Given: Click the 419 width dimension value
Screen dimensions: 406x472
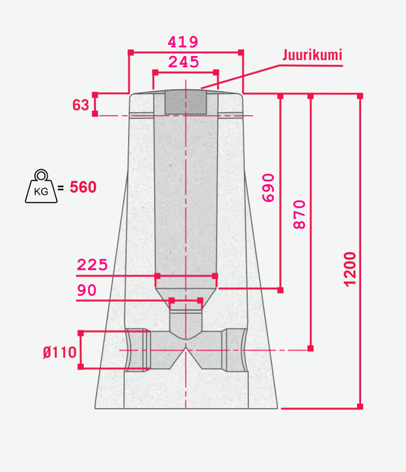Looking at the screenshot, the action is click(183, 42).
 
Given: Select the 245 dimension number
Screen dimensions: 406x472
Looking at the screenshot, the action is click(184, 62).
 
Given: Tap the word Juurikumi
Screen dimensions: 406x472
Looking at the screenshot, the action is click(312, 55).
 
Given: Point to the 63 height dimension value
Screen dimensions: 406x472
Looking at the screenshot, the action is click(81, 105).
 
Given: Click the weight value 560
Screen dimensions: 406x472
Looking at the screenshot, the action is click(83, 187).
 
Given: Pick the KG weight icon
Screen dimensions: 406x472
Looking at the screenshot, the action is click(41, 186).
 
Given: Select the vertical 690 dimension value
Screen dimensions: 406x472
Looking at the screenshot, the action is click(269, 188).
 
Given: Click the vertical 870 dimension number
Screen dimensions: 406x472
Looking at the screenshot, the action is click(299, 214).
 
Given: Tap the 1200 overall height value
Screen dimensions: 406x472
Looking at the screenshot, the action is click(350, 269).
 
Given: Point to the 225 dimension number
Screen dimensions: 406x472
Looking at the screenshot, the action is click(92, 265).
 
